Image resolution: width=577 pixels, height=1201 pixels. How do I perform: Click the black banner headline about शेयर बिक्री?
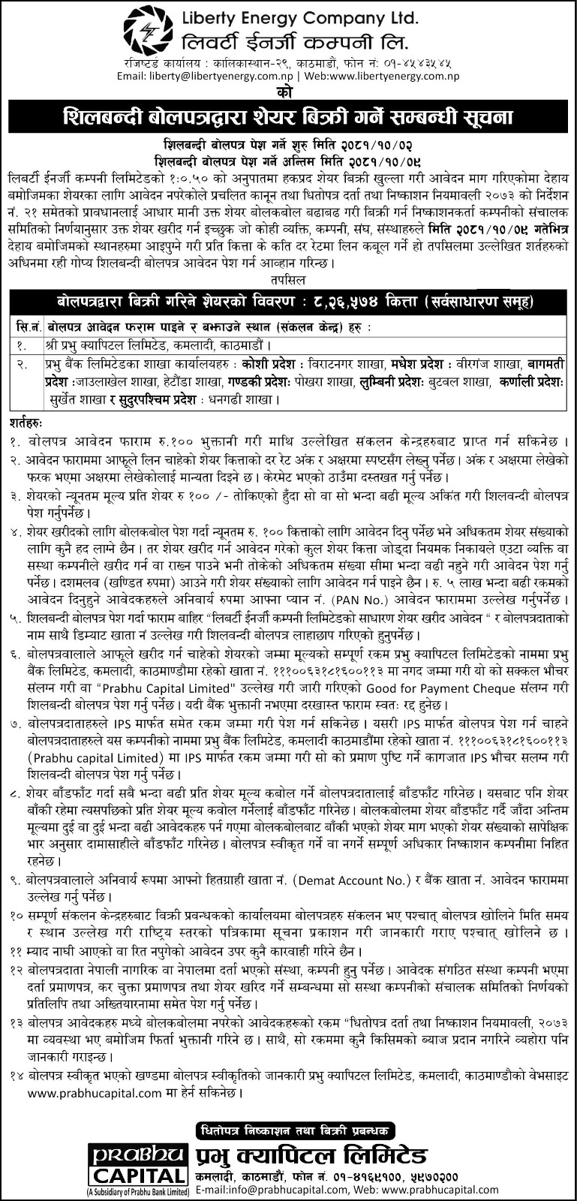288,117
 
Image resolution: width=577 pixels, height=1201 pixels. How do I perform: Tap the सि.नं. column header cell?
28,328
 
